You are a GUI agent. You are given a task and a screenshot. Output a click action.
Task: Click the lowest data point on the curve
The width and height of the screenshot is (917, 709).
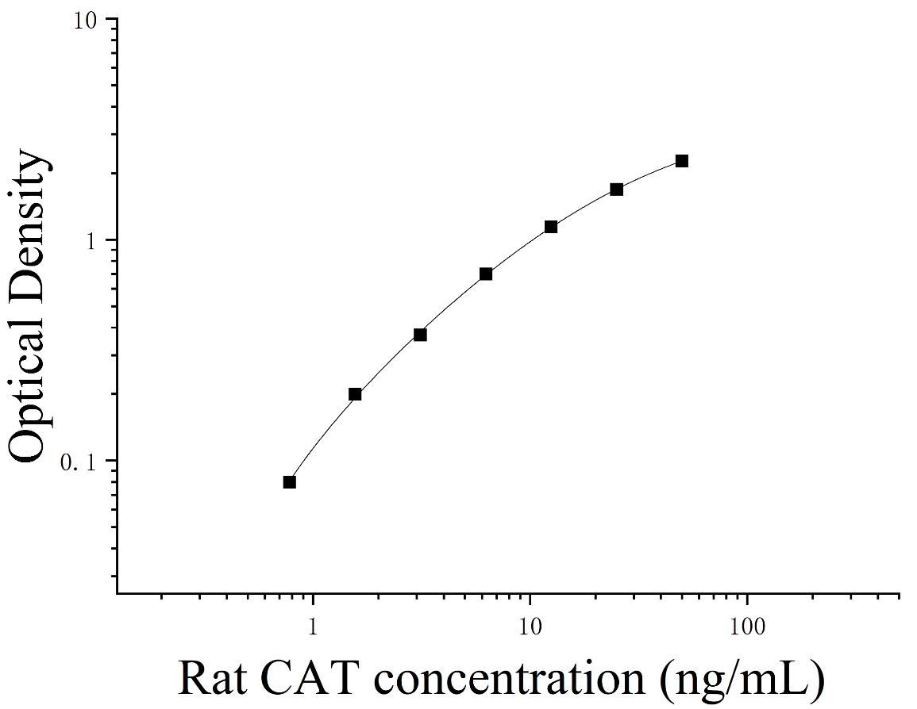(x=290, y=482)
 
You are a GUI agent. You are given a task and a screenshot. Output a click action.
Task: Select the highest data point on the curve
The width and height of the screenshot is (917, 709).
(x=682, y=161)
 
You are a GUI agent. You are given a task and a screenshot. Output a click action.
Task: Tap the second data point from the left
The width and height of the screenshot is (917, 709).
(x=355, y=394)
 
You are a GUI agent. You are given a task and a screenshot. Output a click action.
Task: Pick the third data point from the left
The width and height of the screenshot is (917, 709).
(x=420, y=335)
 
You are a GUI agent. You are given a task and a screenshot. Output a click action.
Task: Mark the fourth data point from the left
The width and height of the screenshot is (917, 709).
(x=486, y=274)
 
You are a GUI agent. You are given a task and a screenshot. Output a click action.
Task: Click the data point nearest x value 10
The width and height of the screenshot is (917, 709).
(x=551, y=227)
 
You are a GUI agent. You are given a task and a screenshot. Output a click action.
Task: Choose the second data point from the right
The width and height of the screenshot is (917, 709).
(x=616, y=190)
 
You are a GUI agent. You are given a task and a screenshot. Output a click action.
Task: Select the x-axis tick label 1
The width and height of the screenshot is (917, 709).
(x=313, y=627)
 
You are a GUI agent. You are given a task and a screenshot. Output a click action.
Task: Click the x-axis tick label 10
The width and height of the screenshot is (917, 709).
(x=530, y=627)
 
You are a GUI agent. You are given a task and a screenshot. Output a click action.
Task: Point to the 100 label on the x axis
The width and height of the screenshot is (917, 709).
(x=747, y=627)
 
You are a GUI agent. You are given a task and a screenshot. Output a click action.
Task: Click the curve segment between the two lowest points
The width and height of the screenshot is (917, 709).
(x=321, y=435)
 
